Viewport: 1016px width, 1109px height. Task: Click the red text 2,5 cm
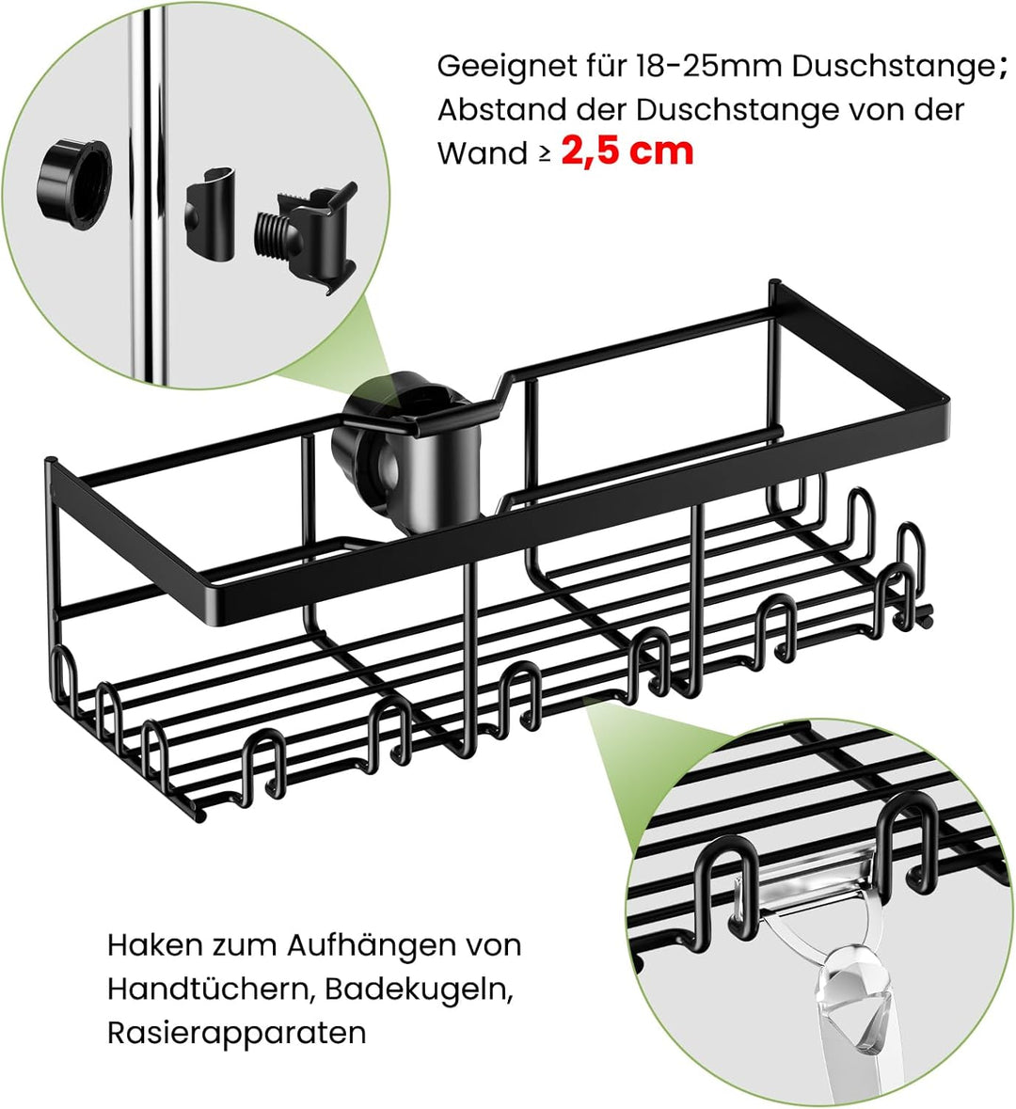pos(627,151)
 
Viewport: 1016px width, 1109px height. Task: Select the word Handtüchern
pos(200,989)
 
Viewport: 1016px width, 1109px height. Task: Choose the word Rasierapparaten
pos(236,1033)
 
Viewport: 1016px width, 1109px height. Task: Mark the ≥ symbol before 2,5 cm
pos(545,153)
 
